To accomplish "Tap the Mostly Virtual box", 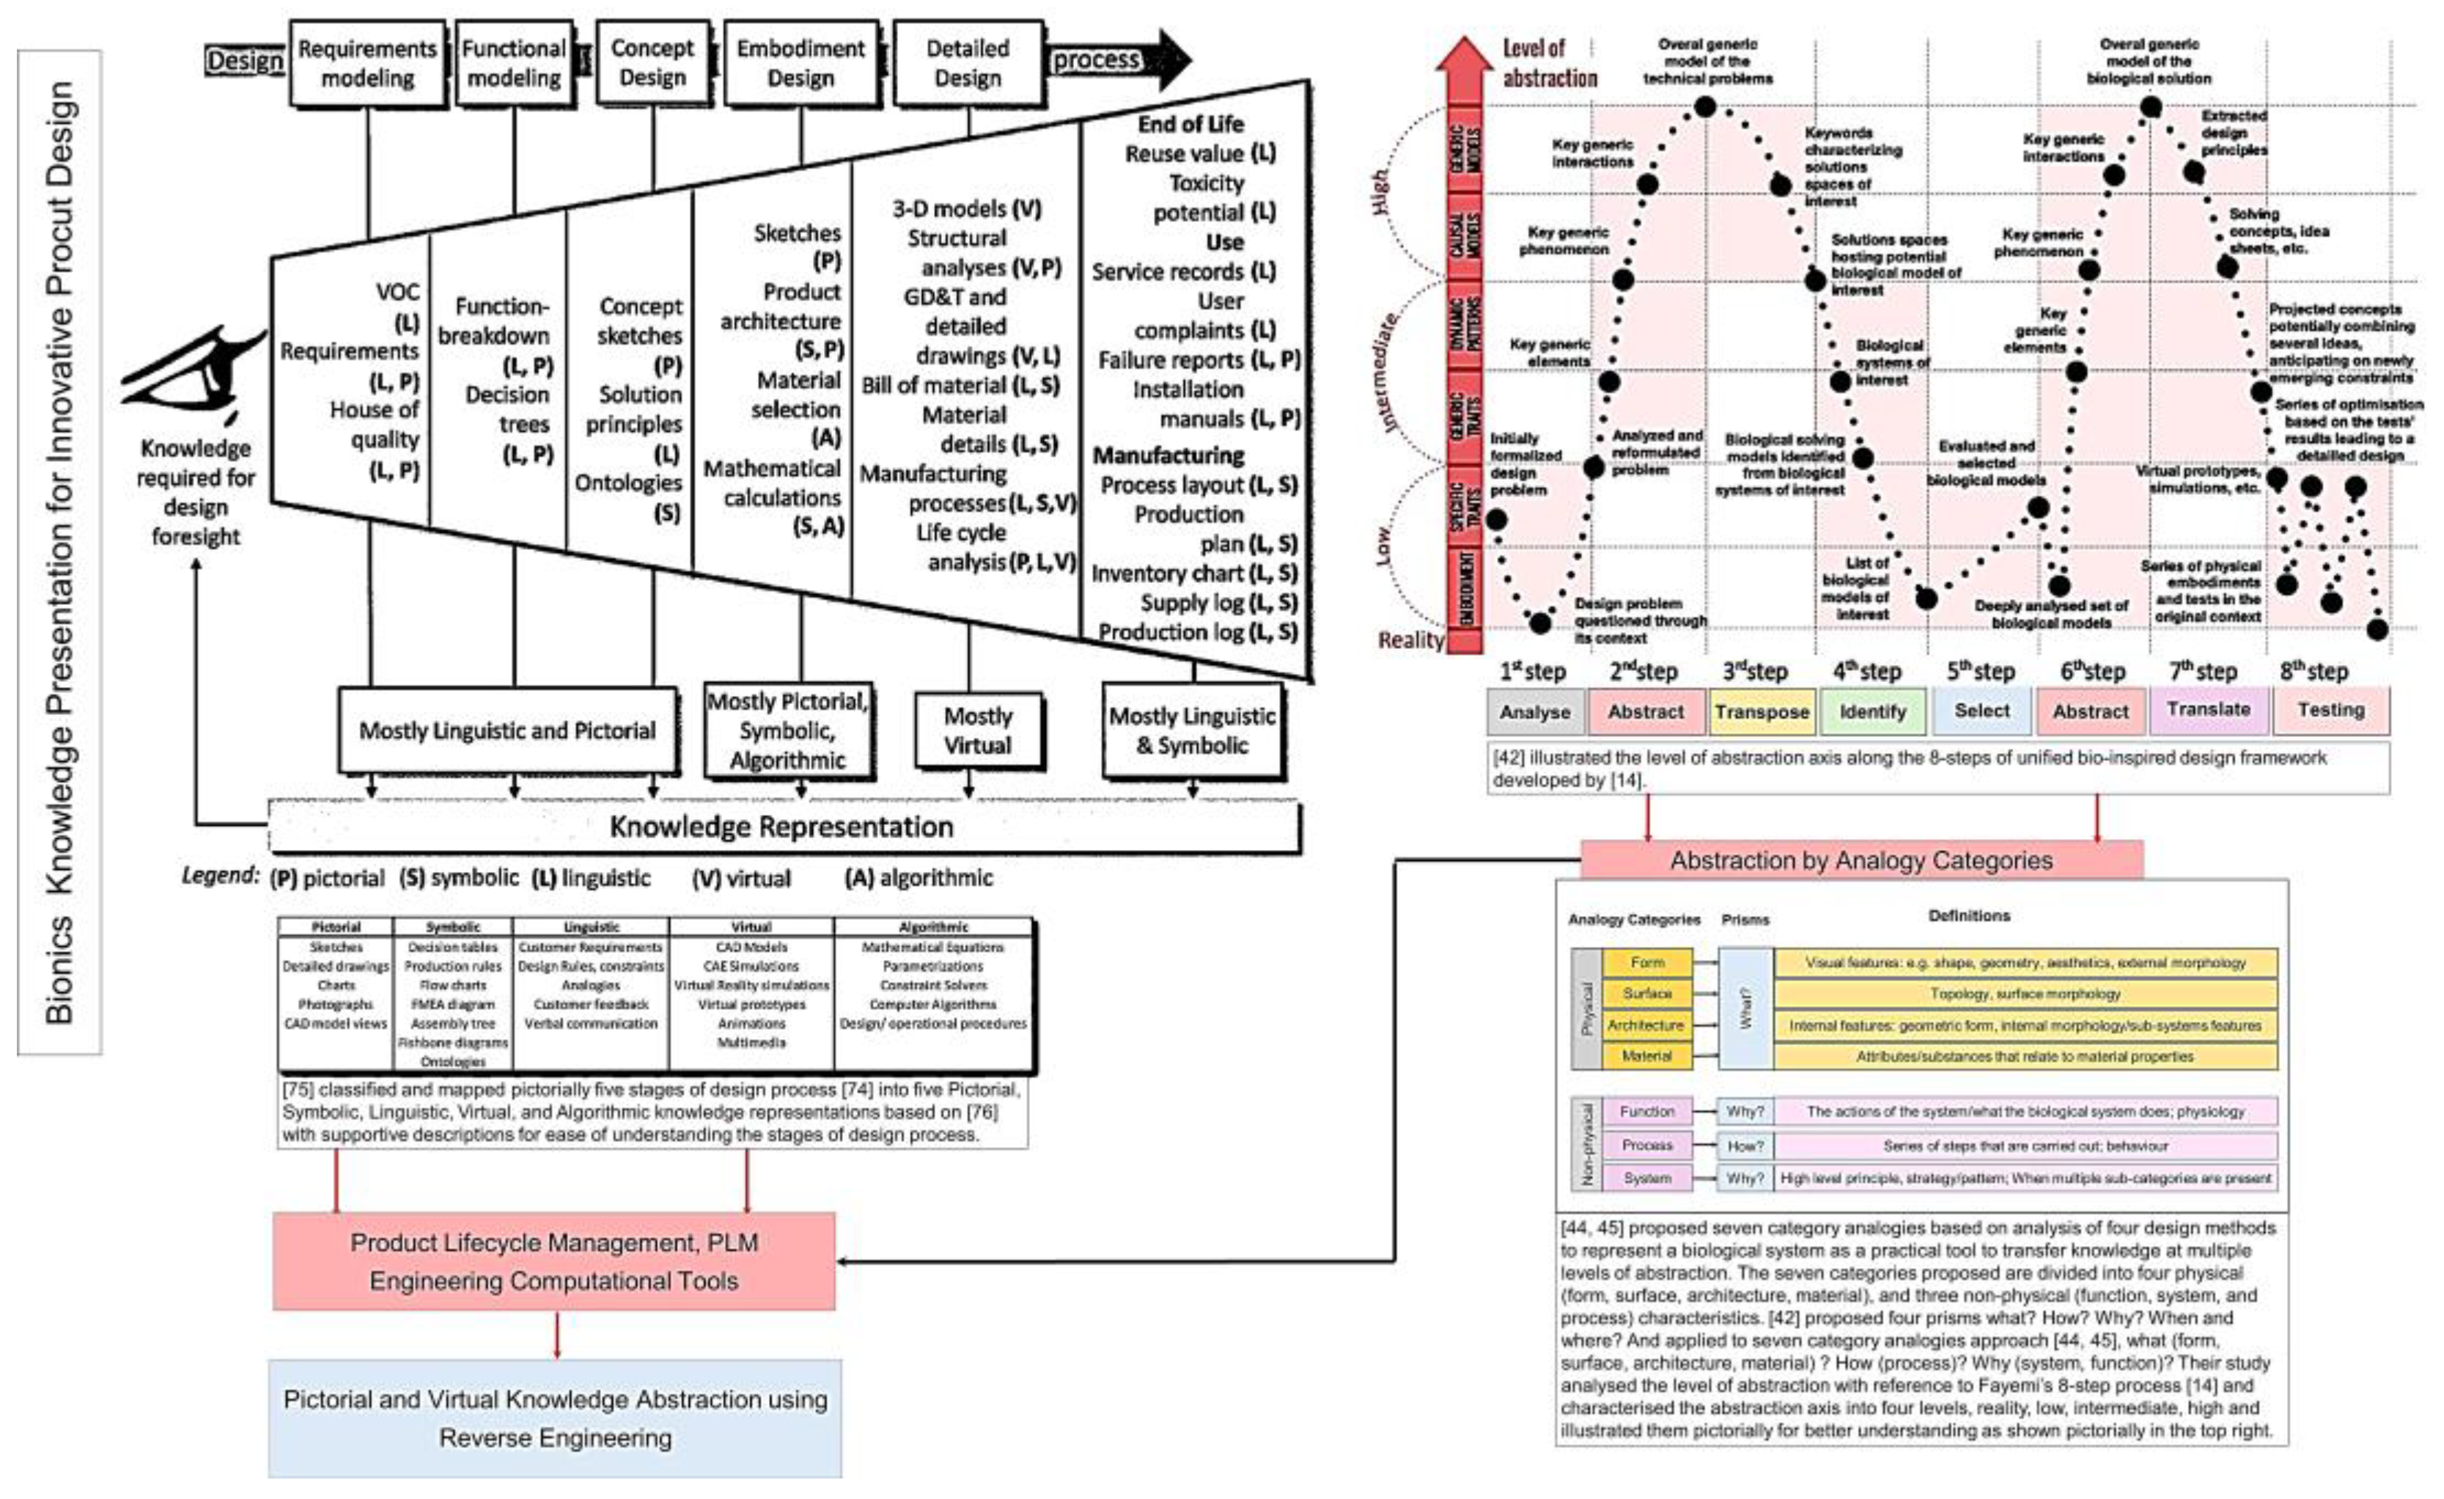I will (977, 731).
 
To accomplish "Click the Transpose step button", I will (1762, 711).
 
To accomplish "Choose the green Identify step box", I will (1873, 711).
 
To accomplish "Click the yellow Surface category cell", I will (1646, 993).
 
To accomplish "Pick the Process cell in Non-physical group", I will (1646, 1145).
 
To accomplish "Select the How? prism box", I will (1745, 1146).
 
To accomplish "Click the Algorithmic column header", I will (932, 926).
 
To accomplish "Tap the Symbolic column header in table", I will (452, 926).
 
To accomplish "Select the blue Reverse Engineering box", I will (554, 1418).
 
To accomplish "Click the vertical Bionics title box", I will (59, 551).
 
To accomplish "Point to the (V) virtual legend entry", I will (741, 878).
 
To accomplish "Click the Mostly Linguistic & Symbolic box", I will (1192, 731).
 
